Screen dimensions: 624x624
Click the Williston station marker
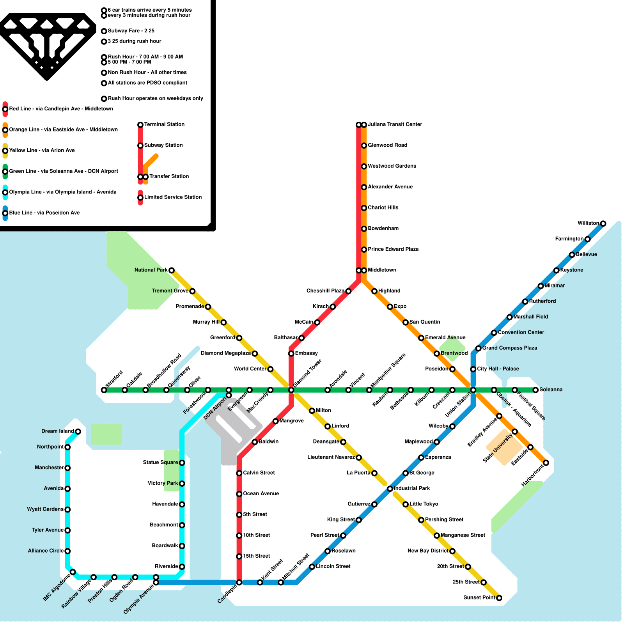[x=603, y=223]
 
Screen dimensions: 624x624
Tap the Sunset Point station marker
[x=499, y=598]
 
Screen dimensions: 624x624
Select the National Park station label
[x=151, y=270]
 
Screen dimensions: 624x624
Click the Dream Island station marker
[x=78, y=431]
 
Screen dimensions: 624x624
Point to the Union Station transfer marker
[x=473, y=390]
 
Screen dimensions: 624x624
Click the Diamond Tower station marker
[x=291, y=390]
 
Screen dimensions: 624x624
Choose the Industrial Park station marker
[x=390, y=489]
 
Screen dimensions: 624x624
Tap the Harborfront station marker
[x=546, y=463]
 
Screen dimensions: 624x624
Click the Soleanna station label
[x=551, y=390]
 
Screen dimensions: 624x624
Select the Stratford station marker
[x=104, y=390]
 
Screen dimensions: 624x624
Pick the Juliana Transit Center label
[x=395, y=124]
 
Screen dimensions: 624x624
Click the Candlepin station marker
[x=239, y=583]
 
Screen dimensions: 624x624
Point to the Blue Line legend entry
[x=44, y=213]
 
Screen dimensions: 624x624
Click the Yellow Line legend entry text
[x=42, y=151]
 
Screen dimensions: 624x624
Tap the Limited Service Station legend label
[x=173, y=197]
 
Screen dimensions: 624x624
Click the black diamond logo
[x=47, y=43]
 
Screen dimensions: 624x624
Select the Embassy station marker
[x=291, y=354]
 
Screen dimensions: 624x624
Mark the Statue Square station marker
[x=182, y=463]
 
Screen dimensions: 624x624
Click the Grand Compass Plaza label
[x=509, y=348]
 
